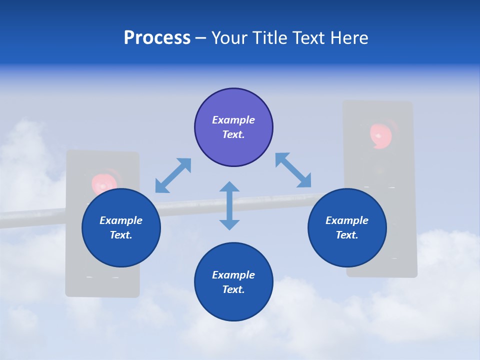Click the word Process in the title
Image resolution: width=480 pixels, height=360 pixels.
click(157, 38)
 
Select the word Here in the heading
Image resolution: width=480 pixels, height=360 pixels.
click(349, 38)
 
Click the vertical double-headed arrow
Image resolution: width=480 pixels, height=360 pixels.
click(229, 205)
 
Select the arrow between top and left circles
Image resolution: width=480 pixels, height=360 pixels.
click(173, 175)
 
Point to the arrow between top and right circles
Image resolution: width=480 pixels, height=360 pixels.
click(293, 170)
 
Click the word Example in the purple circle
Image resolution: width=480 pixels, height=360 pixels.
click(233, 120)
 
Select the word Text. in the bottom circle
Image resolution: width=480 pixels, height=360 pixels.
click(233, 289)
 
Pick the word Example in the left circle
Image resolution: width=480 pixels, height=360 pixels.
click(121, 220)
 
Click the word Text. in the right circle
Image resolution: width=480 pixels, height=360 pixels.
click(347, 235)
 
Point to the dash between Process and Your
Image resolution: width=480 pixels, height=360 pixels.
click(201, 38)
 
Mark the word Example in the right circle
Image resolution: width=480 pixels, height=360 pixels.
click(347, 220)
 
